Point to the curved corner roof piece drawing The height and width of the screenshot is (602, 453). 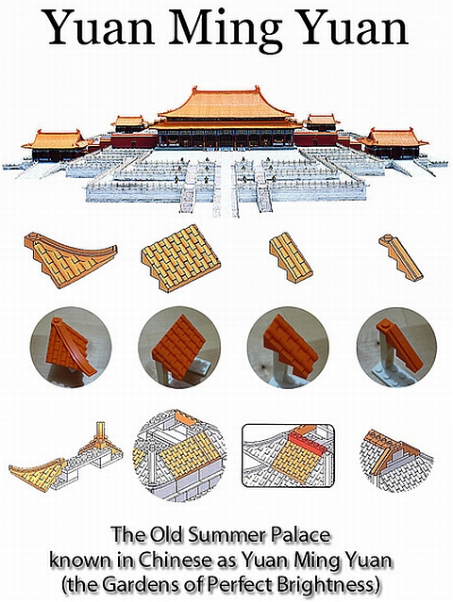(69, 260)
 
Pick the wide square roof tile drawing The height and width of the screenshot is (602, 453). (181, 257)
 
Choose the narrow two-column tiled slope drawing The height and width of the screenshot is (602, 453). (291, 257)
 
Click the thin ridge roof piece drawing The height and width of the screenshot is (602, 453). (400, 257)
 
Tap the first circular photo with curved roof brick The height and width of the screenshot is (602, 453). (71, 347)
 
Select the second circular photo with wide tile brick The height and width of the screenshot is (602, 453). (179, 347)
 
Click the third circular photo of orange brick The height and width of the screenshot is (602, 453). (288, 347)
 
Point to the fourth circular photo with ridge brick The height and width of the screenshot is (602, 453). (396, 347)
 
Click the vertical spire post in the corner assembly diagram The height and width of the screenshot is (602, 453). (101, 433)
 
